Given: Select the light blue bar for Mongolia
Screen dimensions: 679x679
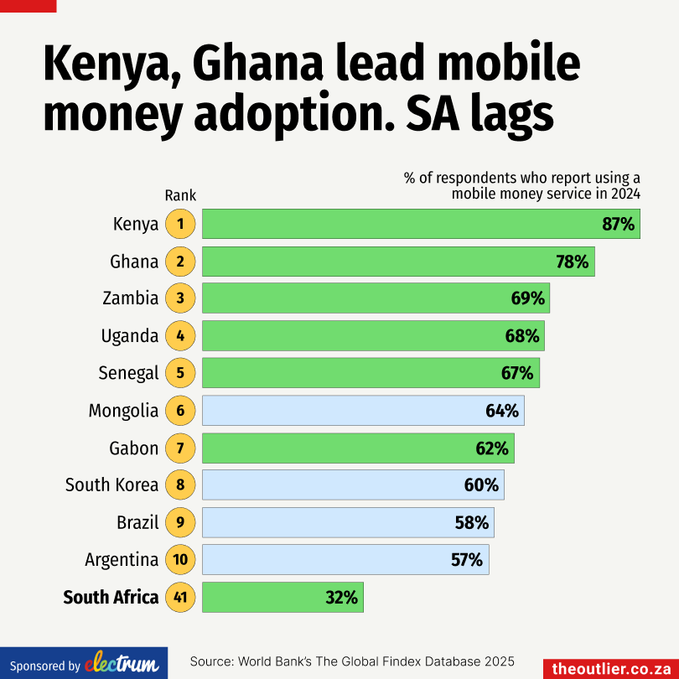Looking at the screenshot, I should [x=362, y=411].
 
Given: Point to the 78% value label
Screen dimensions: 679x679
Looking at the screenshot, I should [x=573, y=262].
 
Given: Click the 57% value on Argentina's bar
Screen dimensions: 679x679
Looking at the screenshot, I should [x=467, y=560].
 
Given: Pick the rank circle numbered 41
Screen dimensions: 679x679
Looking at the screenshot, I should [x=179, y=598].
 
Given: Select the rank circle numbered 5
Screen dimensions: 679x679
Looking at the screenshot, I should [x=179, y=373].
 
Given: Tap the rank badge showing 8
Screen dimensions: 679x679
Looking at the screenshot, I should [x=179, y=485].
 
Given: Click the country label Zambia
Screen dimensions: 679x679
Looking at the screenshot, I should [x=130, y=298].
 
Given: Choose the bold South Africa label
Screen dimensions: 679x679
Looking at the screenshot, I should [x=111, y=598].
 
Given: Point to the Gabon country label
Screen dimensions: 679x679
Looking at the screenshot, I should [x=133, y=448].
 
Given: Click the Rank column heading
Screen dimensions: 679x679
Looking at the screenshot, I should [x=180, y=195].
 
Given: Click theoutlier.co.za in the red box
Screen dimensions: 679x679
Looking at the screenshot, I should [x=611, y=668].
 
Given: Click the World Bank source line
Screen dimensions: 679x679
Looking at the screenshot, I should [x=352, y=661].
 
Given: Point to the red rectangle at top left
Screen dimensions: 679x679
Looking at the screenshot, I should [x=28, y=6].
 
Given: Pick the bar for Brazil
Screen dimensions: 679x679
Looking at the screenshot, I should [x=347, y=522].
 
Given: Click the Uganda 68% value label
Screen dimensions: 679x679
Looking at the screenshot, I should [x=522, y=336].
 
